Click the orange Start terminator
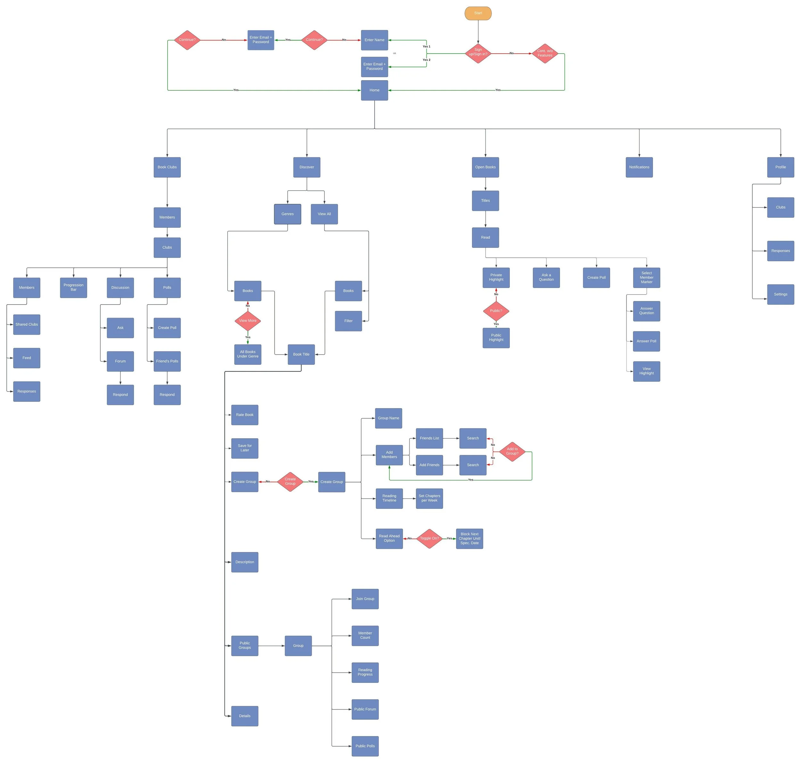tap(478, 13)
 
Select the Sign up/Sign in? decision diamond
tap(478, 53)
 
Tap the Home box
tap(374, 90)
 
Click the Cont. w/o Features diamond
tap(545, 53)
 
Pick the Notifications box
tap(639, 167)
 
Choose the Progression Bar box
tap(74, 288)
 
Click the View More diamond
tap(247, 321)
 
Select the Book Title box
tap(301, 354)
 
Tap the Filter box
tap(348, 321)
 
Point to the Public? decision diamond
tap(496, 311)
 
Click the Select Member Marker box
tap(646, 277)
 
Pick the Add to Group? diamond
tap(512, 451)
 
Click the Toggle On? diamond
tap(429, 539)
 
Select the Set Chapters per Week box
tap(429, 498)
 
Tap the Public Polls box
tap(365, 746)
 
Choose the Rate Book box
tap(245, 415)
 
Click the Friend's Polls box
tap(167, 361)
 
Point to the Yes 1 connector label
tap(426, 46)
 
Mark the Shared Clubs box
tap(27, 324)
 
